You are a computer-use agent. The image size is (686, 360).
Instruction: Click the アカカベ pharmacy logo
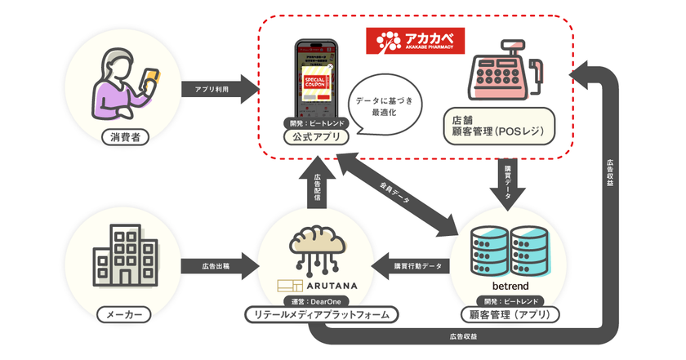click(415, 40)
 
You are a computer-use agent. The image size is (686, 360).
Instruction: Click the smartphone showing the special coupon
click(316, 80)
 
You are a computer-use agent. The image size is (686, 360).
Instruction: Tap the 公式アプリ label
click(316, 137)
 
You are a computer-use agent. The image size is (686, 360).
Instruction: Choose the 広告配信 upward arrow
click(316, 185)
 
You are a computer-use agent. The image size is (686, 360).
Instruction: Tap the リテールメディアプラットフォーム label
click(316, 315)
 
